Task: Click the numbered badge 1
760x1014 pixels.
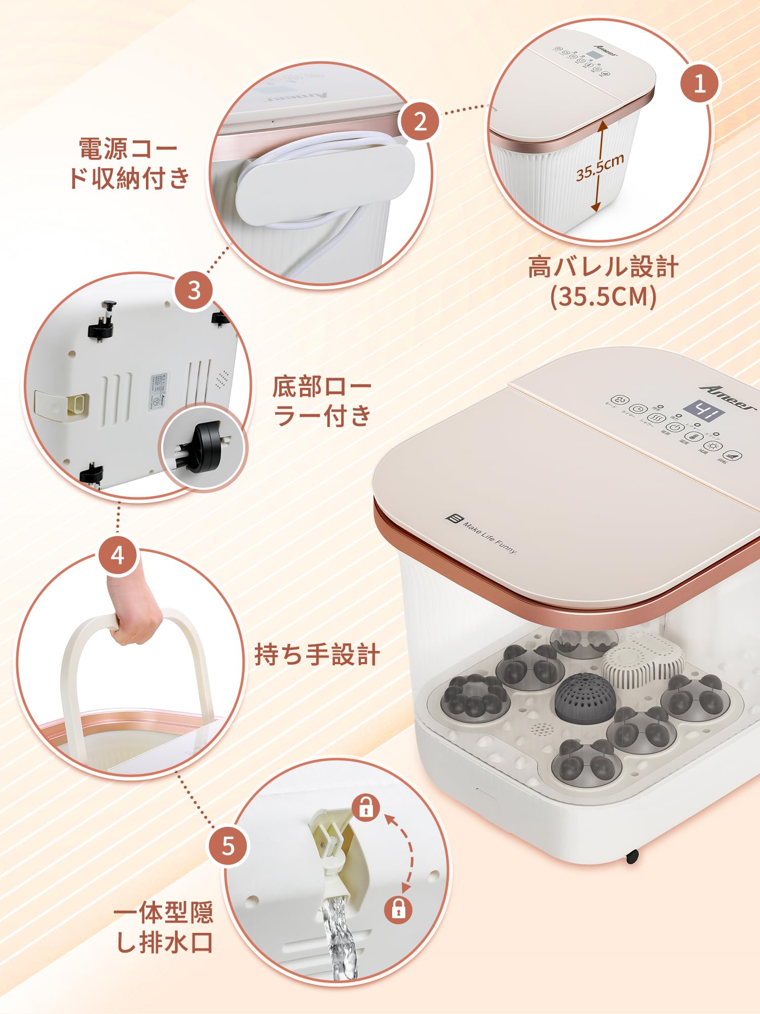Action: pyautogui.click(x=699, y=83)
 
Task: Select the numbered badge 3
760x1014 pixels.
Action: pyautogui.click(x=194, y=291)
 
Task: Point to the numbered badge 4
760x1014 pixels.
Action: pyautogui.click(x=118, y=555)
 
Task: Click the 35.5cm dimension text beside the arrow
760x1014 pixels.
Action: pyautogui.click(x=600, y=167)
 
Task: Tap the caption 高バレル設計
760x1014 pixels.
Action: pyautogui.click(x=603, y=267)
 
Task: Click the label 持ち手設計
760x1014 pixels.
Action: pyautogui.click(x=317, y=654)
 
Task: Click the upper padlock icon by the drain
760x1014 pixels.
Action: pyautogui.click(x=365, y=808)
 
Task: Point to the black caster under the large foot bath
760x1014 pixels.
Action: pyautogui.click(x=632, y=856)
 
